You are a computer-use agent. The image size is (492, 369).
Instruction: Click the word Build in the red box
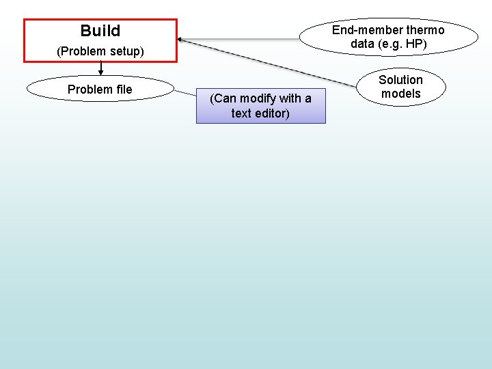click(x=100, y=31)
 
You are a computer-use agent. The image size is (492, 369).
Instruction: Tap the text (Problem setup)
click(x=100, y=51)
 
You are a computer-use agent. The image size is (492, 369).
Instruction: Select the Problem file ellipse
click(x=100, y=89)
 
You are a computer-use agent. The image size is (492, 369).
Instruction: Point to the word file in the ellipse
click(x=123, y=90)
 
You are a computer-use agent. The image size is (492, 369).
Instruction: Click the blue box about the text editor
click(x=260, y=106)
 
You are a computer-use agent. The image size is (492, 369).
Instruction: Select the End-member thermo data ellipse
click(x=388, y=36)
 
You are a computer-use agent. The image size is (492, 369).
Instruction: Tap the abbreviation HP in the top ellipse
click(x=413, y=44)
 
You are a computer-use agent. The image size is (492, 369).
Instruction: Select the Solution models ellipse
click(x=400, y=87)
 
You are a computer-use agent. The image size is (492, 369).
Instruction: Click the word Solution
click(x=401, y=80)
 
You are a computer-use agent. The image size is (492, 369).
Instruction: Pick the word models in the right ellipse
click(x=401, y=94)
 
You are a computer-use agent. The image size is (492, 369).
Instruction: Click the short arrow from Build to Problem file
click(x=101, y=68)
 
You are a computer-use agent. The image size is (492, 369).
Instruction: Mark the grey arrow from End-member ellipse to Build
click(x=239, y=39)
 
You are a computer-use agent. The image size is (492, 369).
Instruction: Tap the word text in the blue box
click(x=241, y=113)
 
